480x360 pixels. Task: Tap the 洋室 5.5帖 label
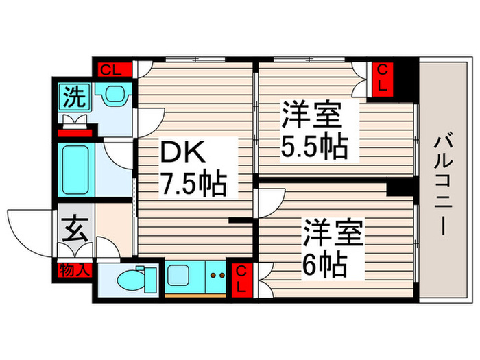pyautogui.click(x=312, y=130)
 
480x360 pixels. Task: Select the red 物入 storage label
pyautogui.click(x=73, y=270)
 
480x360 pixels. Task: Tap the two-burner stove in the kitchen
pyautogui.click(x=218, y=277)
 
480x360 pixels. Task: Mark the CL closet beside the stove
pyautogui.click(x=241, y=278)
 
